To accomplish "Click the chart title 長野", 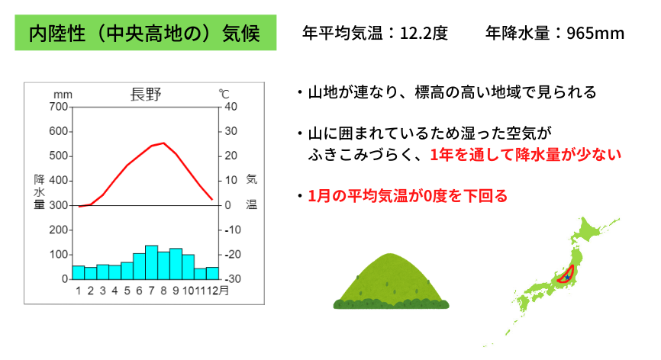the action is coord(146,95).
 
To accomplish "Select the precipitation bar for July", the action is coord(151,262).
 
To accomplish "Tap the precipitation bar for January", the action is coord(79,272).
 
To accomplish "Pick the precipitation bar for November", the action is coord(200,274).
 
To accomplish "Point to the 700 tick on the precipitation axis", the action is coord(58,107).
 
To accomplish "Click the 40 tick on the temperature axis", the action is coord(231,107).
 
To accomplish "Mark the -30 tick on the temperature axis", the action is coord(232,278).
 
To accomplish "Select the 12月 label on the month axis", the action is coord(218,291).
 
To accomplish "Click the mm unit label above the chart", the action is coord(63,95).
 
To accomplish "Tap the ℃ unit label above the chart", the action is coord(224,94).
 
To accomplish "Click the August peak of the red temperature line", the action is coord(164,143).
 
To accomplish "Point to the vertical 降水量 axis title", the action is coord(39,192).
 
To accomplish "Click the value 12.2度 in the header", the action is coord(424,33).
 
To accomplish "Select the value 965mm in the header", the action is coord(595,33).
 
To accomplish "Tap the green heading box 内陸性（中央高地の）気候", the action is coord(146,33).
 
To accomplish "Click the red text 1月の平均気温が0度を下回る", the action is coord(408,196).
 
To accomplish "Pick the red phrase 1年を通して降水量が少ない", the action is coord(526,155).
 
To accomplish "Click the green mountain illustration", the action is coord(391,281).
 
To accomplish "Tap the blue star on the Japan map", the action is coord(567,277).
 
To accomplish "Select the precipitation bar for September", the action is coord(176,264).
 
